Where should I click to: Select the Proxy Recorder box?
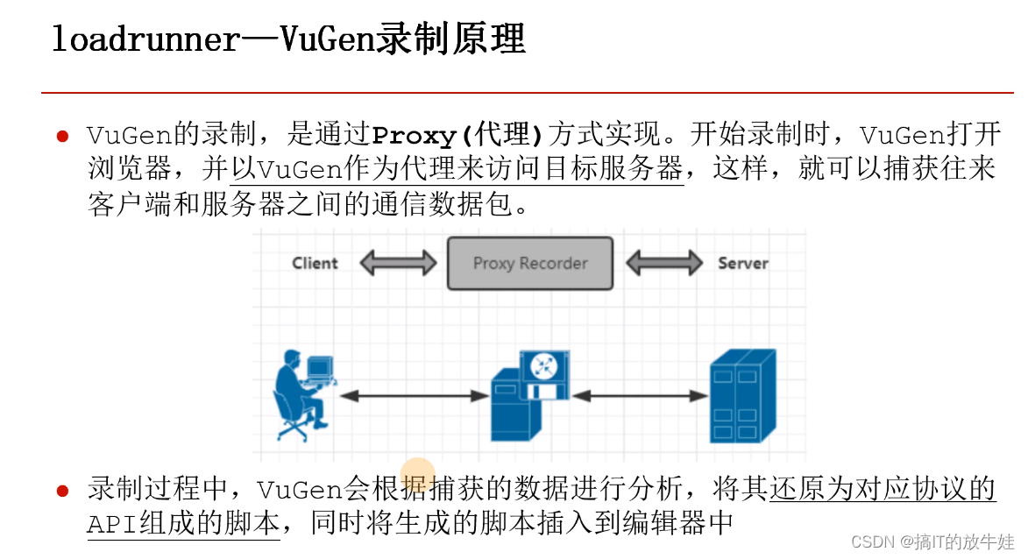tap(530, 263)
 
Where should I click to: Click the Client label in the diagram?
tap(315, 263)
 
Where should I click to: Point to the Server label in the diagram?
tap(742, 263)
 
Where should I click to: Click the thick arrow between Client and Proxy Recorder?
tap(398, 263)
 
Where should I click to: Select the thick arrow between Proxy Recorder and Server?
tap(663, 263)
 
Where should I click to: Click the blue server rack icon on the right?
tap(742, 395)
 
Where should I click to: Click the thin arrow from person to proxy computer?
tap(413, 396)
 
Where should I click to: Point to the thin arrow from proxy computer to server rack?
tap(639, 396)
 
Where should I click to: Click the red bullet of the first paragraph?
tap(62, 137)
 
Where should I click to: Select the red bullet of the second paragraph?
tap(62, 491)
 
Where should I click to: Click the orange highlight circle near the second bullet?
tap(418, 474)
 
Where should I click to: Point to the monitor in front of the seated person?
tap(320, 366)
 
